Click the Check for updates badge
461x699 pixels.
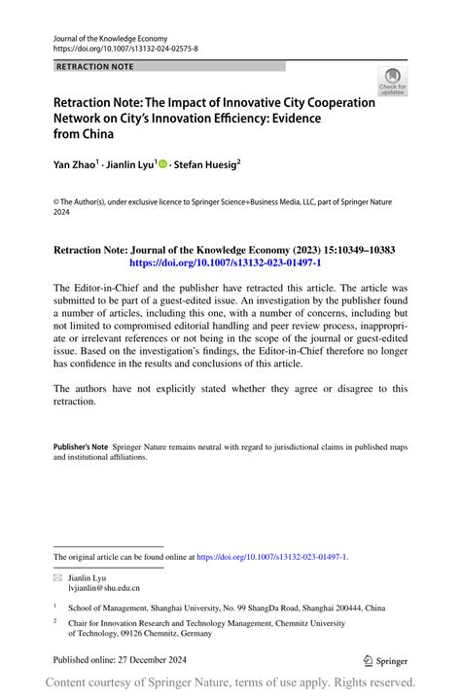click(391, 82)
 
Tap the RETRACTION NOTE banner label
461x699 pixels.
click(94, 67)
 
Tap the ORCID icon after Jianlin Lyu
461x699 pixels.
click(162, 165)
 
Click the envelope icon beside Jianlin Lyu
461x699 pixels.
click(57, 577)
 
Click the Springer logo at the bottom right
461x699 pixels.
click(385, 660)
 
